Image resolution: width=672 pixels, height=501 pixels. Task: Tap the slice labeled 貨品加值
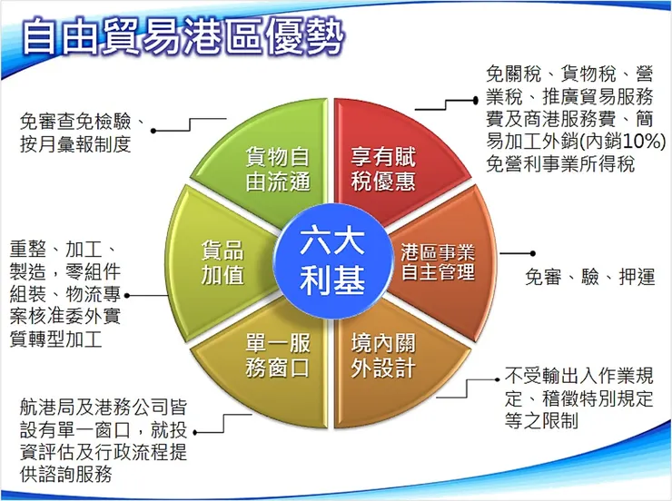pos(222,260)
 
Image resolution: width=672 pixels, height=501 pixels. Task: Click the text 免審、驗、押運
pos(590,278)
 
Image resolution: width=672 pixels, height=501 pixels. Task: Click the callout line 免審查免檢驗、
pos(81,122)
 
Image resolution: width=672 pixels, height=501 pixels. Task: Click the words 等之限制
pos(541,421)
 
